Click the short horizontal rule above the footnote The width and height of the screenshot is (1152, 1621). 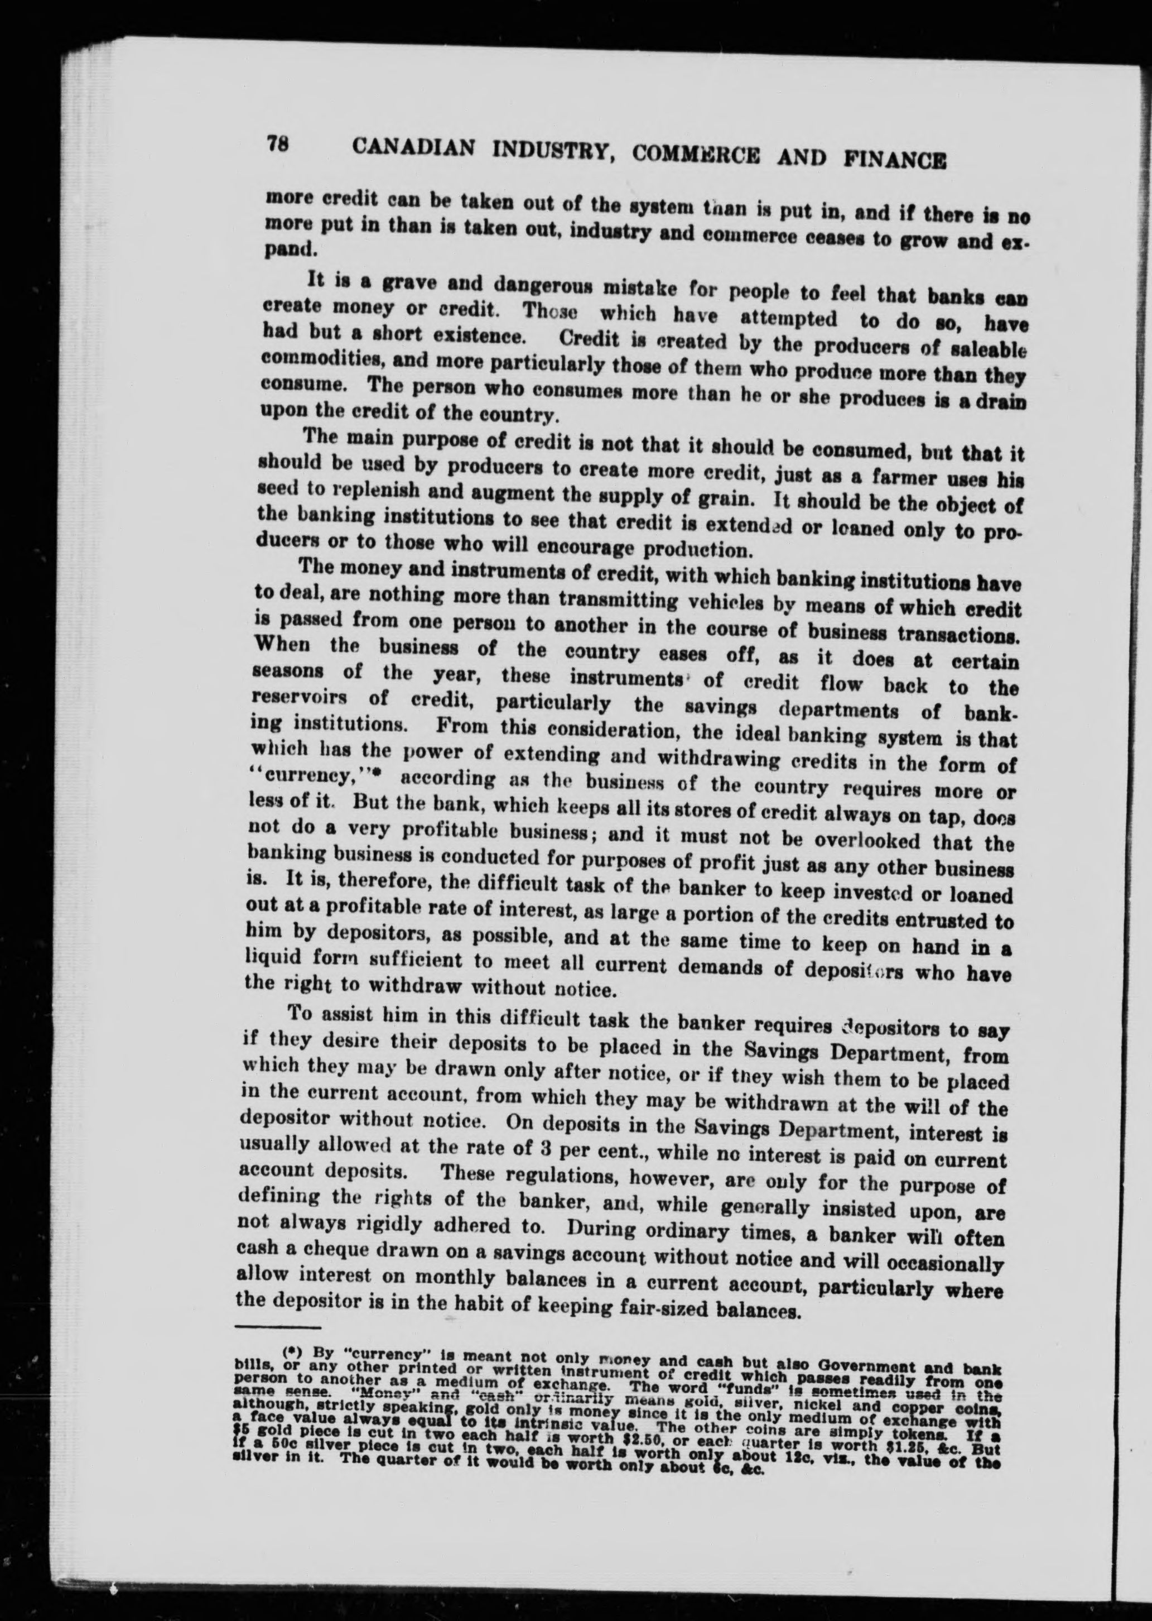[277, 1326]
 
